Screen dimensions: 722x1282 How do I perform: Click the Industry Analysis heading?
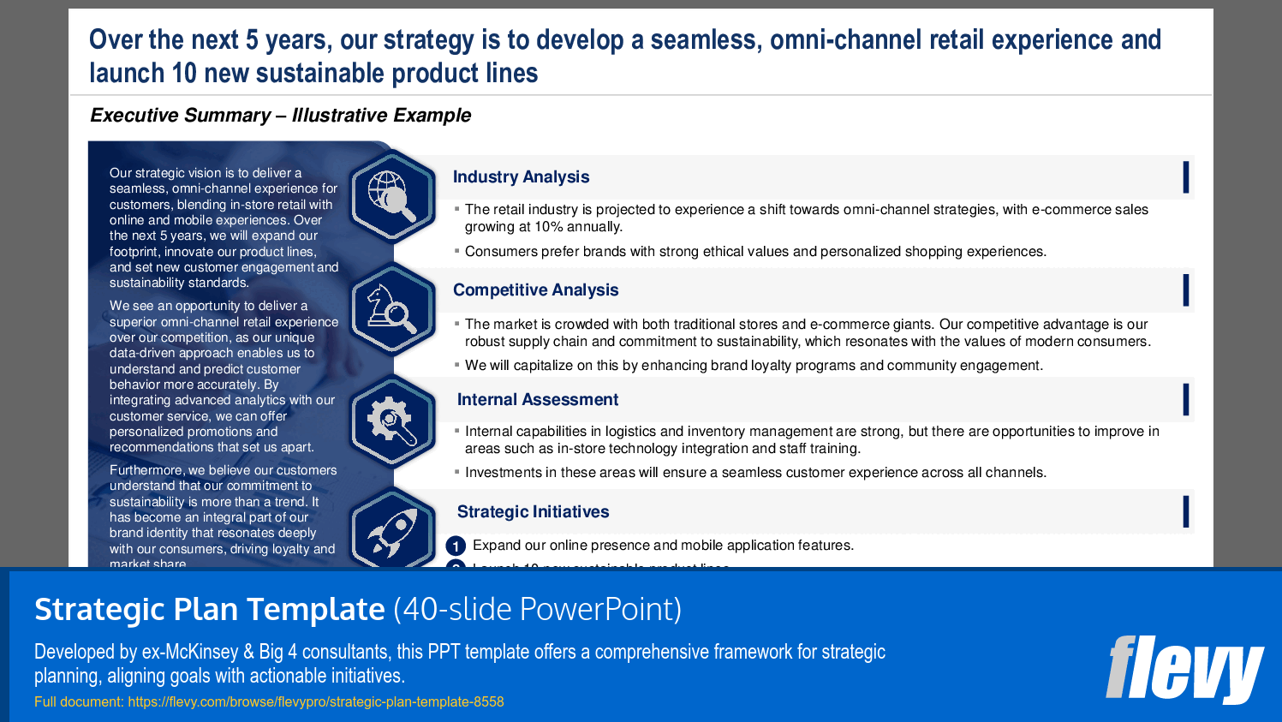521,177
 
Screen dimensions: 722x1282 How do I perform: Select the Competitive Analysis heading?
535,290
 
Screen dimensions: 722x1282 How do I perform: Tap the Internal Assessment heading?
537,400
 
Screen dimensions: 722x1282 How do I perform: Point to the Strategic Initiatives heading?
533,512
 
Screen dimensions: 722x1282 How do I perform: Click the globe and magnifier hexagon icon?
392,194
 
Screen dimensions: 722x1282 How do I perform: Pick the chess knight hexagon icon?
392,309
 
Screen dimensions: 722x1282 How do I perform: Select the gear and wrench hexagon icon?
392,421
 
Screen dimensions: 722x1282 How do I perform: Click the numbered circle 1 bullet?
456,546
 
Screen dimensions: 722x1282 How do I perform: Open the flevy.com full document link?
315,702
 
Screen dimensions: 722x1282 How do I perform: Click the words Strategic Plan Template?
209,610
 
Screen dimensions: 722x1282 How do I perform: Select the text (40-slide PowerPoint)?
537,610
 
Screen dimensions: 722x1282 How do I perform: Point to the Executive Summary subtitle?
280,116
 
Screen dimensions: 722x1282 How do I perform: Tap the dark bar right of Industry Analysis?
1185,177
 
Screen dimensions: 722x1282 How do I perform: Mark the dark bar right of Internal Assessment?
1185,400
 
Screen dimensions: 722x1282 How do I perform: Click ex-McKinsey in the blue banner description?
190,652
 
